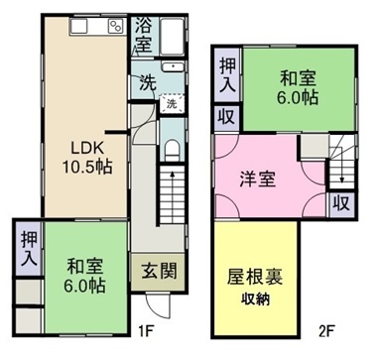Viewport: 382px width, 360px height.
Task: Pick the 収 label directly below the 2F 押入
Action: (x=226, y=115)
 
